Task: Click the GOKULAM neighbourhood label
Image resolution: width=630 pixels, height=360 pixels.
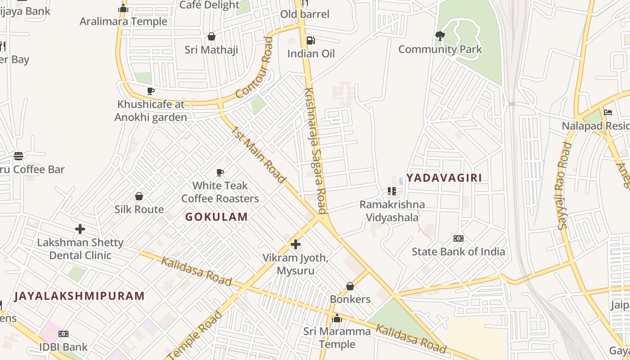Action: coord(216,217)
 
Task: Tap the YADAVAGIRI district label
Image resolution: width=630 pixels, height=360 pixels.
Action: coord(444,178)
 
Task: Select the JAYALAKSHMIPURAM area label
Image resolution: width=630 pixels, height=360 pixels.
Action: coord(80,296)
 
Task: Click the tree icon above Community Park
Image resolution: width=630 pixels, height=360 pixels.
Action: coord(440,36)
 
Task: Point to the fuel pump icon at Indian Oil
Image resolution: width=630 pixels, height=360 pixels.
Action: coord(310,40)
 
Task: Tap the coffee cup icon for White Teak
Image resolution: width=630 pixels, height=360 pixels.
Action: coord(220,172)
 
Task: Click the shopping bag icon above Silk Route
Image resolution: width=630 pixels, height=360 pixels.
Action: coord(139,196)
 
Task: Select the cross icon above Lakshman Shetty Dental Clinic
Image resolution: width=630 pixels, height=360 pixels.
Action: coord(80,229)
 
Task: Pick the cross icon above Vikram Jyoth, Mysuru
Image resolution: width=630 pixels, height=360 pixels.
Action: coord(296,244)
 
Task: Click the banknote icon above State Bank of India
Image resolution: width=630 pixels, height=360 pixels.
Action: coord(459,238)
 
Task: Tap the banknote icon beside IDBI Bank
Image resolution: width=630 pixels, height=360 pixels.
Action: coord(63,334)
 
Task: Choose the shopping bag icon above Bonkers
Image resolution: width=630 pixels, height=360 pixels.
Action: coord(350,286)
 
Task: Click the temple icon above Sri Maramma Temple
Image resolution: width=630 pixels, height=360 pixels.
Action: coord(337,319)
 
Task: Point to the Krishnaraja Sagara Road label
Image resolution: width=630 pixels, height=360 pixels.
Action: coord(315,151)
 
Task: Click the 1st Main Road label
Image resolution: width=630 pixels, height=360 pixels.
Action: coord(259,155)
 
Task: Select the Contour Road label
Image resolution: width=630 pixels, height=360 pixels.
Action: coord(255,68)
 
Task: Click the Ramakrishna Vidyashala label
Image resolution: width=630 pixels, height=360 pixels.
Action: coord(392,211)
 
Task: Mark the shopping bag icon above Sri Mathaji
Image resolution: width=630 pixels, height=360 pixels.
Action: coord(211,36)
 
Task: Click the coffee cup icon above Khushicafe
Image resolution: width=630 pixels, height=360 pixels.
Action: coord(151,91)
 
